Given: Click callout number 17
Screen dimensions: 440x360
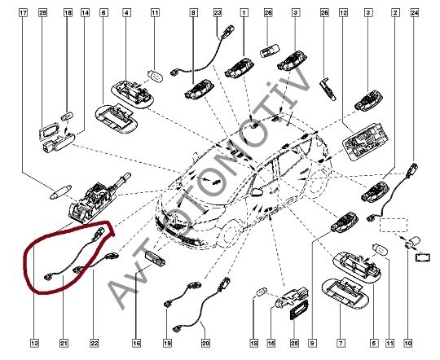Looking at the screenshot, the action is [24, 13].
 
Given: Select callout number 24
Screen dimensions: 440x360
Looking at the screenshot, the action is [415, 13].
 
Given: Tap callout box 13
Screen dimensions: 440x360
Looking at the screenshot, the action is [34, 343].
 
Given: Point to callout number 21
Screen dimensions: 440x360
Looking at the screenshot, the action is [64, 343].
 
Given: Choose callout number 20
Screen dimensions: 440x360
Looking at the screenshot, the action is [205, 343].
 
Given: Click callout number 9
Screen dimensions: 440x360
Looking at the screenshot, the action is [312, 343].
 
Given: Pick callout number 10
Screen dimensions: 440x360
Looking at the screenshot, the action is [408, 343].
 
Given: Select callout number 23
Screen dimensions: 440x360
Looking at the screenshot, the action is [218, 13].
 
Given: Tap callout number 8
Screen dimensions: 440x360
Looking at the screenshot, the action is [193, 13].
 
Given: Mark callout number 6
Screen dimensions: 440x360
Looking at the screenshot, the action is [103, 13].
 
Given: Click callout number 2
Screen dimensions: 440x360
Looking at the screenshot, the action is [395, 13].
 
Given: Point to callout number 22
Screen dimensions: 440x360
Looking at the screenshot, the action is [95, 343].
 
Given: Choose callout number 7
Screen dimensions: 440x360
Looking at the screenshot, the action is [341, 343].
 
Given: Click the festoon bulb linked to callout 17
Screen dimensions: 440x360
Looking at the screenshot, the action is [60, 192].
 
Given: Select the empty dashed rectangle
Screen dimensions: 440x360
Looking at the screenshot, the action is [393, 225].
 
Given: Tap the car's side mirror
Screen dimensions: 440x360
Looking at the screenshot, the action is [257, 192].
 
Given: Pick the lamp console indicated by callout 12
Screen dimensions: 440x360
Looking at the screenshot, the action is [365, 142].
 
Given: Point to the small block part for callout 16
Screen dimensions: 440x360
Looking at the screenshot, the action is [155, 257].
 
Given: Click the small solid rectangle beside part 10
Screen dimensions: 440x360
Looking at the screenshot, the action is [422, 257].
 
